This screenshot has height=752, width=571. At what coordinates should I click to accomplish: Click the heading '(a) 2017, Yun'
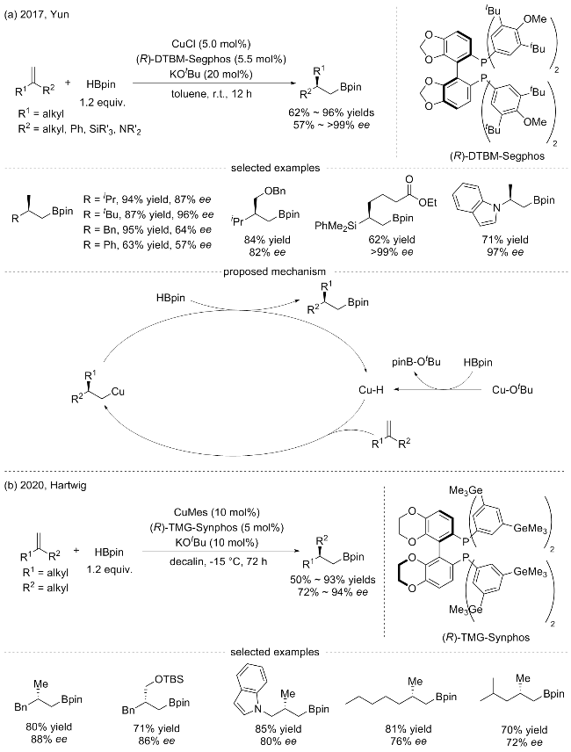click(x=36, y=14)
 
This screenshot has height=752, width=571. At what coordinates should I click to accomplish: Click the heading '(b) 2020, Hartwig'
click(x=45, y=485)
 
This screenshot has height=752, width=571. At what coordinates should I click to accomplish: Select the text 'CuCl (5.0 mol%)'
click(x=211, y=44)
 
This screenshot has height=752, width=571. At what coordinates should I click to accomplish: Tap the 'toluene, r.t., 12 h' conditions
click(x=212, y=93)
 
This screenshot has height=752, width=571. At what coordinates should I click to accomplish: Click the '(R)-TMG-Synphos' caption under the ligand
click(x=486, y=638)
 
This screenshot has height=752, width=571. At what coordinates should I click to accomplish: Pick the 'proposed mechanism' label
click(x=274, y=272)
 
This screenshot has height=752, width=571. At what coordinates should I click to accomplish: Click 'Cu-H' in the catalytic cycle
click(x=371, y=390)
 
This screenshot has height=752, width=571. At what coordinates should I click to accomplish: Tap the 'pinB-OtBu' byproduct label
click(x=416, y=362)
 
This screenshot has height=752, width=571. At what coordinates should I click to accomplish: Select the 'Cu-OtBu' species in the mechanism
click(x=512, y=389)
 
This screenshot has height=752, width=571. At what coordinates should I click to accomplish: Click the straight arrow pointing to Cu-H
click(x=438, y=390)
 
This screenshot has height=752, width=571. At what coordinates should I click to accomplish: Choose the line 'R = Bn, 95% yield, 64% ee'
click(x=148, y=229)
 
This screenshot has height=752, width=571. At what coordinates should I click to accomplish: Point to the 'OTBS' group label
click(x=170, y=679)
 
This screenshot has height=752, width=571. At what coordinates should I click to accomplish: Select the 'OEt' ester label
click(x=427, y=202)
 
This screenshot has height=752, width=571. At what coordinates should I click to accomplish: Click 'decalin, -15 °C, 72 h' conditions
click(x=218, y=560)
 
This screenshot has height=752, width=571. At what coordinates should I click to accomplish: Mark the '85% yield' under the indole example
click(x=278, y=729)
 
